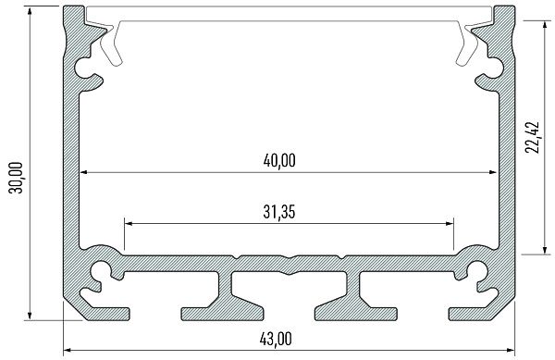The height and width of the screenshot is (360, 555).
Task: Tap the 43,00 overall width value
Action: (286, 338)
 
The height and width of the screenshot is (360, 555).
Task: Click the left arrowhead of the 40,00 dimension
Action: (82, 172)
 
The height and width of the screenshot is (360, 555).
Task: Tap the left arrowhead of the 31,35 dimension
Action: (128, 223)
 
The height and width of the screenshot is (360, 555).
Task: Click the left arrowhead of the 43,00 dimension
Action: (68, 351)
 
